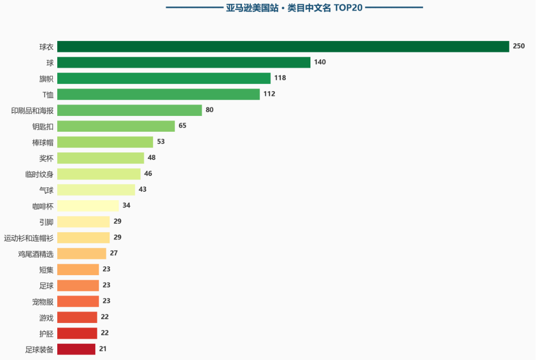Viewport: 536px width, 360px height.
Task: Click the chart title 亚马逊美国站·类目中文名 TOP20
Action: tap(294, 7)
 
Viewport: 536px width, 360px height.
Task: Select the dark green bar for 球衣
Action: tap(283, 46)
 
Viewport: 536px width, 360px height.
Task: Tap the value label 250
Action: tap(519, 46)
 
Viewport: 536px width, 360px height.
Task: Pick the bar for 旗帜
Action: tap(164, 78)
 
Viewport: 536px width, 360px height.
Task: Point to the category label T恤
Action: tap(48, 94)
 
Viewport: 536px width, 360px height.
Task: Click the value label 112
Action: tap(269, 94)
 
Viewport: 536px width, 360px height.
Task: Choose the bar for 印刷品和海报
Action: tap(129, 110)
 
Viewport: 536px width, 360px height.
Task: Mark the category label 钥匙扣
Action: tap(43, 126)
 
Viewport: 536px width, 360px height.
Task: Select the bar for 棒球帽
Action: tap(105, 142)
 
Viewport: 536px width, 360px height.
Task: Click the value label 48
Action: tap(152, 158)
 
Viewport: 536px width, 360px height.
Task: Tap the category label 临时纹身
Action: tap(39, 174)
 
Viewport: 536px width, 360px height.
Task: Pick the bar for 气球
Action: tap(96, 190)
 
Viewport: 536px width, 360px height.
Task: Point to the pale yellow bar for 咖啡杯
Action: tap(88, 206)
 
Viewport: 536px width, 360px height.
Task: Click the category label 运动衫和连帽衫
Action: tap(29, 238)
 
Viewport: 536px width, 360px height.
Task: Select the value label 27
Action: tap(114, 253)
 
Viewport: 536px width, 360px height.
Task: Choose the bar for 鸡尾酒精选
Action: tap(81, 253)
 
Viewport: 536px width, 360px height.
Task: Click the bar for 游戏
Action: tap(77, 317)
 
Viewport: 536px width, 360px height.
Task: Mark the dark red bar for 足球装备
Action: tap(76, 349)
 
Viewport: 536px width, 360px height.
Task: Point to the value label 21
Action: tap(103, 349)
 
